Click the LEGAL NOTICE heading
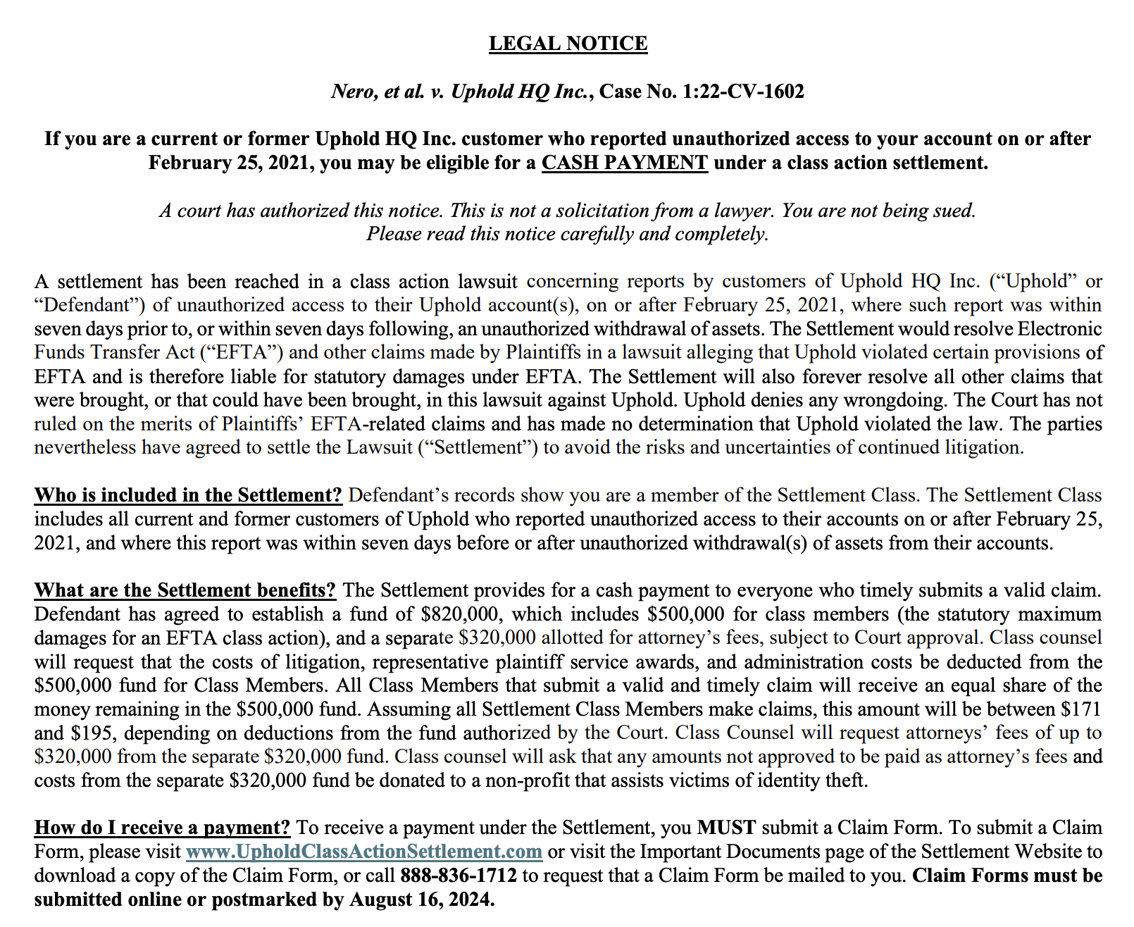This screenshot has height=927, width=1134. click(x=568, y=44)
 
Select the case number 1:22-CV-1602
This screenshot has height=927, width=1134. click(x=743, y=92)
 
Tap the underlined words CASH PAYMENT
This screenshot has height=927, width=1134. click(x=624, y=163)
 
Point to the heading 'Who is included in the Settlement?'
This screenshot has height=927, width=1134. click(x=188, y=495)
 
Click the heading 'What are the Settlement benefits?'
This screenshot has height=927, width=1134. click(x=185, y=590)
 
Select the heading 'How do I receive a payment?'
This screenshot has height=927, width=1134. click(x=162, y=828)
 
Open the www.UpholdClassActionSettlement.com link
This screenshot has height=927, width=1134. click(x=363, y=852)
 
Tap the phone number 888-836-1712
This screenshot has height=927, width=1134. click(x=459, y=876)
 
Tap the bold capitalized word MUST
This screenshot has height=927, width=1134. click(x=726, y=828)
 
